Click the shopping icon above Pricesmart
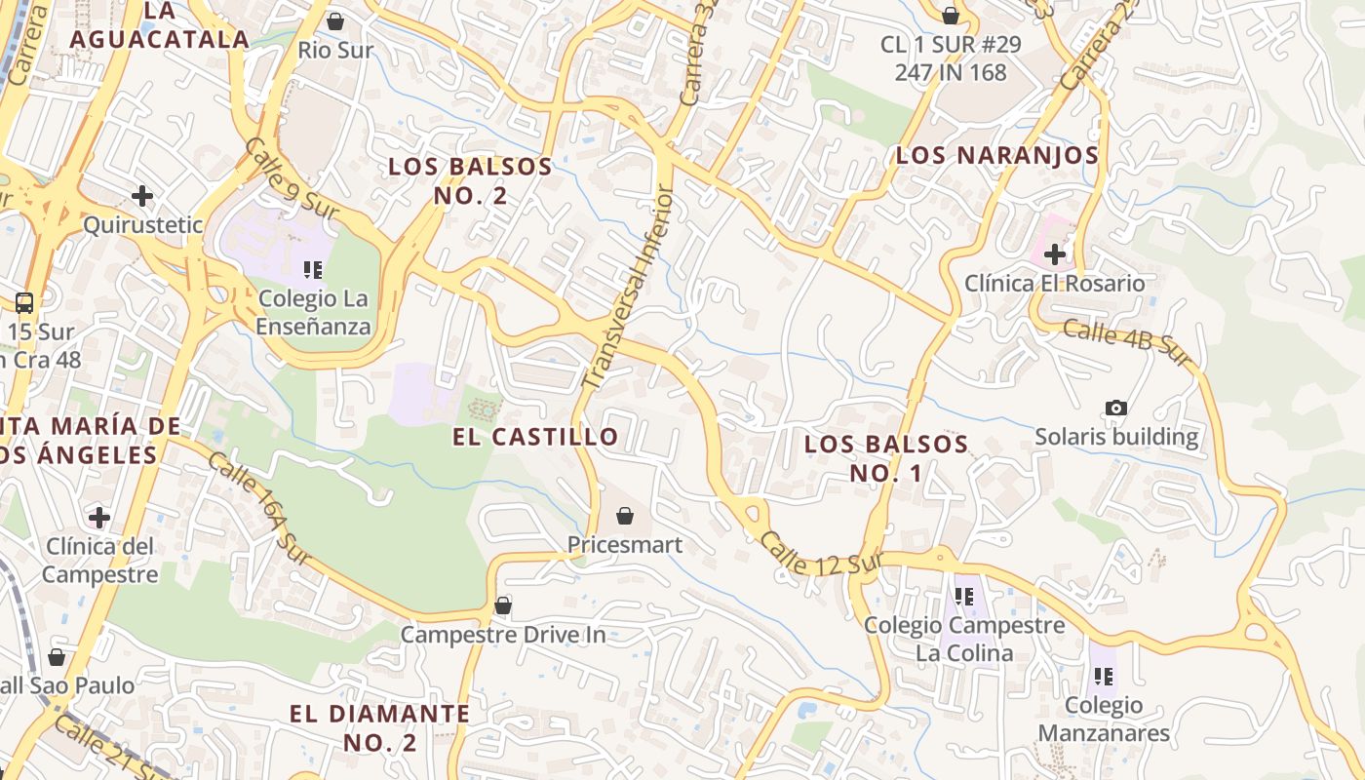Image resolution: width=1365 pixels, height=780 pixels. (625, 516)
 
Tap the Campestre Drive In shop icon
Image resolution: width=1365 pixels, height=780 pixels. (503, 605)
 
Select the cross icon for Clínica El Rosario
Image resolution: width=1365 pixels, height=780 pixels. (1054, 254)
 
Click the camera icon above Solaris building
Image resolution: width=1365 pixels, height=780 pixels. (1116, 408)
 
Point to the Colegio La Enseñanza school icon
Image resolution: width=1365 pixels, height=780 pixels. (313, 269)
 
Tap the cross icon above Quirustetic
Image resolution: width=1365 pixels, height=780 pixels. (142, 196)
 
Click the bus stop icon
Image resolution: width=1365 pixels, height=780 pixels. (24, 302)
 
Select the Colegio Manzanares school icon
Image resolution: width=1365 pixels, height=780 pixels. (1104, 676)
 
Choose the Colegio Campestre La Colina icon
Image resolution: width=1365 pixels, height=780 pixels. (964, 596)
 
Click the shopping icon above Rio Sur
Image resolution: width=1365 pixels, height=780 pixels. (335, 20)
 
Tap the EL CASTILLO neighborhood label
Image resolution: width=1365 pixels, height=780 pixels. (535, 437)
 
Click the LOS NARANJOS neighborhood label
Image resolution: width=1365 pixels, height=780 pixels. (996, 155)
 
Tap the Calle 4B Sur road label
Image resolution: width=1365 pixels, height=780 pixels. (1127, 343)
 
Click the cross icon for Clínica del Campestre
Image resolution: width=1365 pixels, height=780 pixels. (98, 517)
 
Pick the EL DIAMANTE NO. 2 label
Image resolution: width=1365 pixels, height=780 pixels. (379, 727)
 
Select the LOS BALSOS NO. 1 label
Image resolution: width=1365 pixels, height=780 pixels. (885, 458)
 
